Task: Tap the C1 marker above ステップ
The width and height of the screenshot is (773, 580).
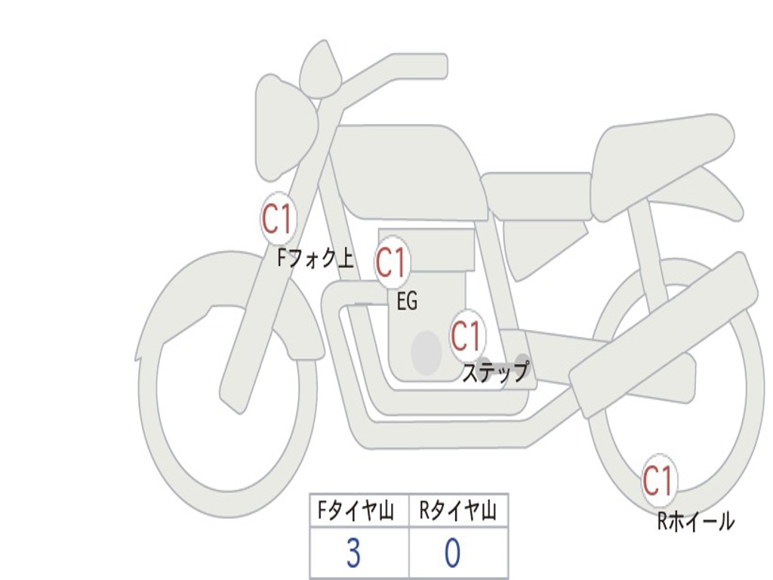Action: [x=466, y=335]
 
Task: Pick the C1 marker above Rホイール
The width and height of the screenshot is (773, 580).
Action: [x=658, y=480]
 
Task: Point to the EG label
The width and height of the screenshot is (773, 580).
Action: [x=407, y=302]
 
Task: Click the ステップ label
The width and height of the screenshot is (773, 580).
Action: [x=494, y=372]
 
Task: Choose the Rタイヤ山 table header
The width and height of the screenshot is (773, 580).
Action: [x=457, y=512]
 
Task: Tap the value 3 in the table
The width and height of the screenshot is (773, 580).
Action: [x=353, y=554]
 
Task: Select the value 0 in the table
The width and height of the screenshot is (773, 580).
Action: [x=452, y=554]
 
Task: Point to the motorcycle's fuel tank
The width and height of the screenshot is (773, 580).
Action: [x=408, y=170]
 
